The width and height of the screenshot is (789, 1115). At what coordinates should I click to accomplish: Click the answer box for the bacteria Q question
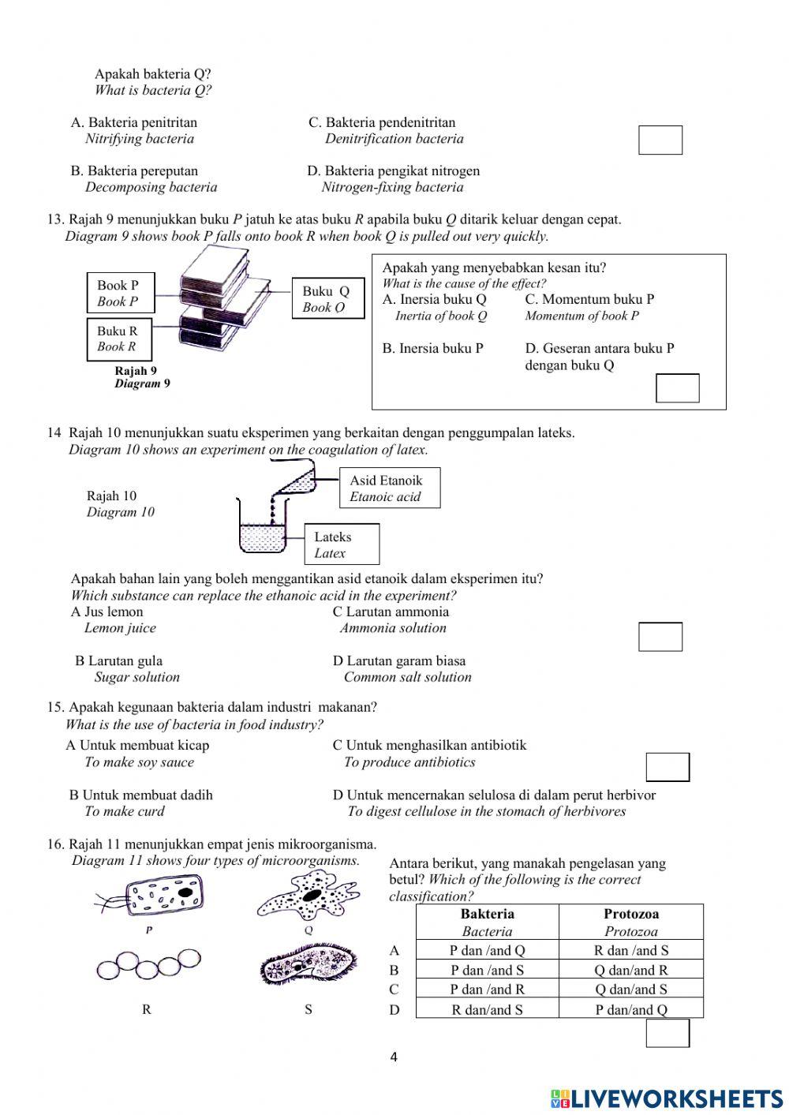pos(660,140)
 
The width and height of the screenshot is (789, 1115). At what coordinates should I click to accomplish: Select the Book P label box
pos(120,294)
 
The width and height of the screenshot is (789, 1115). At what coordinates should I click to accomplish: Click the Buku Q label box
pos(327,299)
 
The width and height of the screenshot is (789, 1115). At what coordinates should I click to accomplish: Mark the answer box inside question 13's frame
pos(677,388)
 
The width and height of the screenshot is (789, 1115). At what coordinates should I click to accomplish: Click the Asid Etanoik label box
pos(389,488)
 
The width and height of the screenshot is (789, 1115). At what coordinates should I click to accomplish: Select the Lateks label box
pos(342,544)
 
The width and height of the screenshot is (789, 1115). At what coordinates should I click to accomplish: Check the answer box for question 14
pos(660,637)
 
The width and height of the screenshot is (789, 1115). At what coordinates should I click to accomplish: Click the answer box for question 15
pos(667,767)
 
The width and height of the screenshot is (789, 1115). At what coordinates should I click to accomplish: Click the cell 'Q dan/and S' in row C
pos(630,990)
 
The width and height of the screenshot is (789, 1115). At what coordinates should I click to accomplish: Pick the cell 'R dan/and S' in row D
pos(487,1010)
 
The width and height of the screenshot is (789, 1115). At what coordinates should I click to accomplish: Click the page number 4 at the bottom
pos(394,1057)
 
